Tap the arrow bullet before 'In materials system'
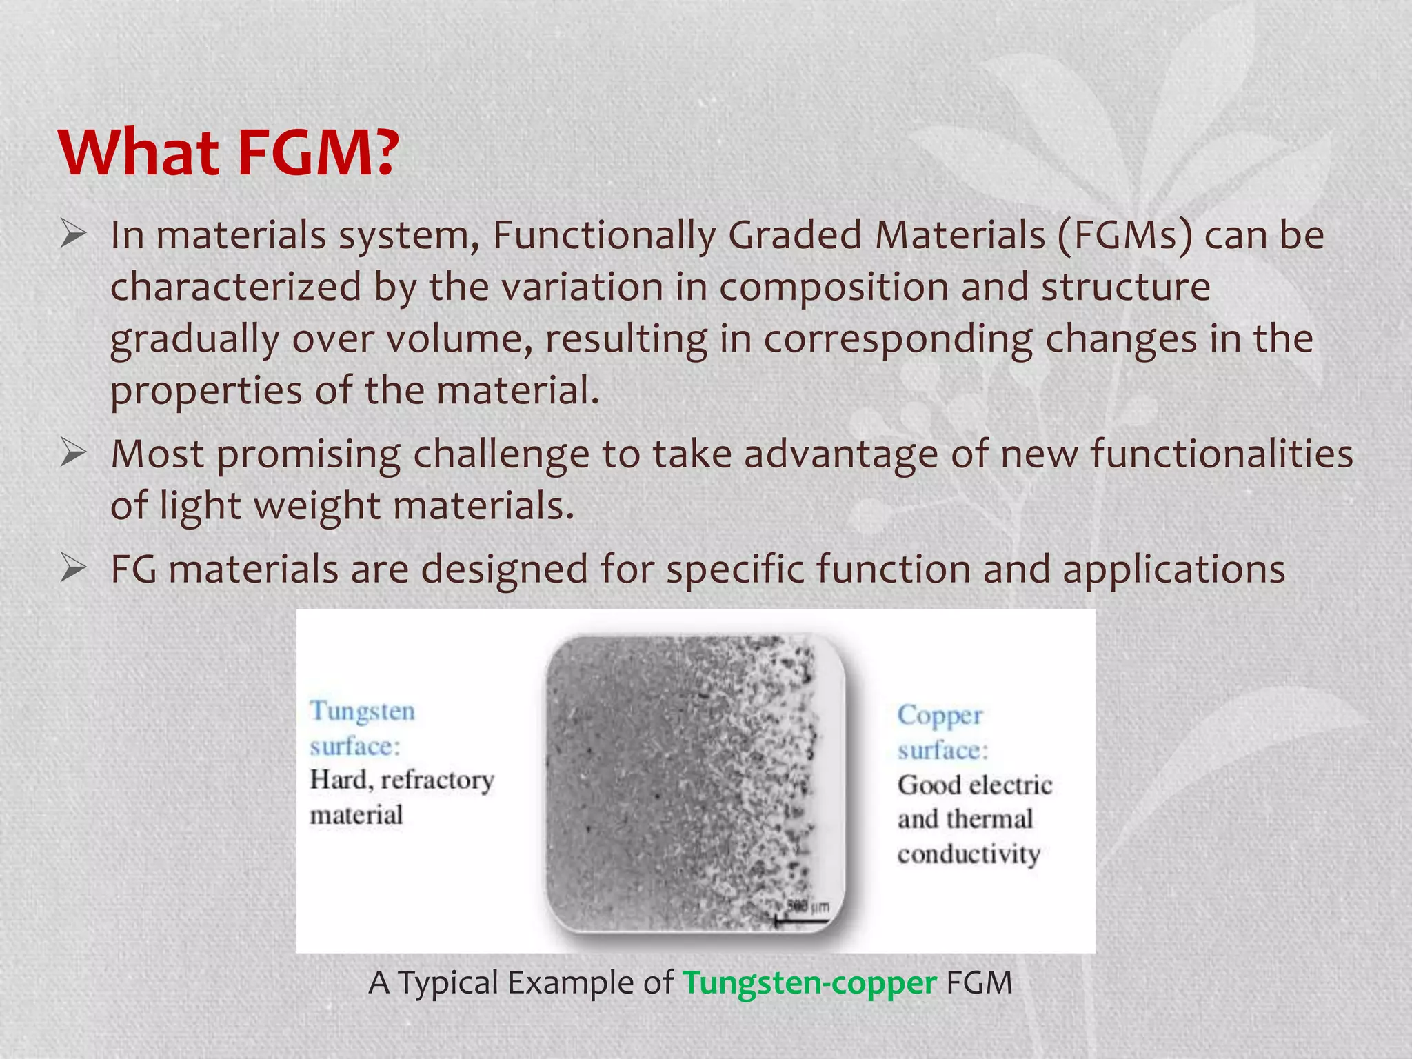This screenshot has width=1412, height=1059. tap(72, 234)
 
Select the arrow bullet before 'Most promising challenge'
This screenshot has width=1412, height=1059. tap(72, 453)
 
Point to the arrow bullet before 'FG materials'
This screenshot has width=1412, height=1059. tap(72, 569)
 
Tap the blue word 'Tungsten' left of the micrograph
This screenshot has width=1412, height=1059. tap(363, 711)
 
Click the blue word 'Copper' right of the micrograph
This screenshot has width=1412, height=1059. tap(940, 716)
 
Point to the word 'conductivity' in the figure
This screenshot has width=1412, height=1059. tap(969, 854)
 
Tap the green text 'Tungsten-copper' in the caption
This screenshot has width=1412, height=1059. tap(809, 982)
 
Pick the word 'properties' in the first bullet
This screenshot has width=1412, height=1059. tap(206, 391)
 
